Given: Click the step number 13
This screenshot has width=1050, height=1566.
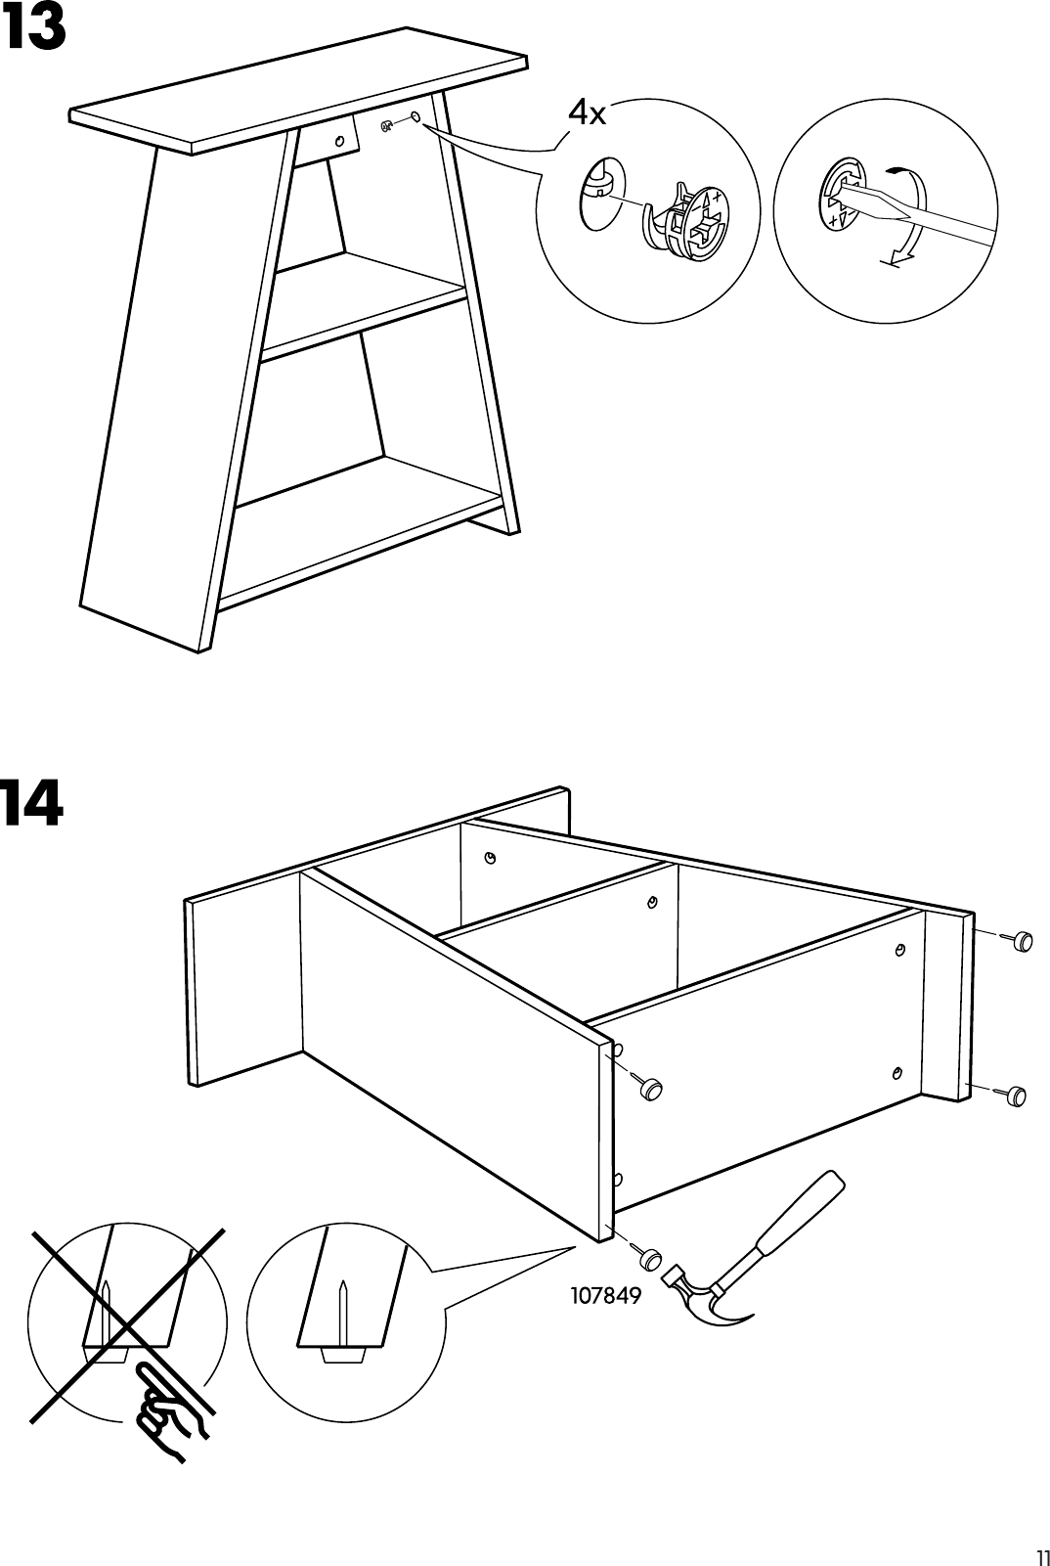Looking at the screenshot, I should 34,29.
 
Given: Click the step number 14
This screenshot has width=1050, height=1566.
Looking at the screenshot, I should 32,805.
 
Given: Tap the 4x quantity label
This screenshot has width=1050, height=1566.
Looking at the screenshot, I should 587,114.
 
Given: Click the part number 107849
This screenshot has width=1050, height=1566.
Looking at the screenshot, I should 605,1296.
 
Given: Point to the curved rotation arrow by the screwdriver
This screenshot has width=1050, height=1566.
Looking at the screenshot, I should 911,220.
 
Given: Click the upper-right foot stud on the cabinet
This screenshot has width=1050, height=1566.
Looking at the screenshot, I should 1021,941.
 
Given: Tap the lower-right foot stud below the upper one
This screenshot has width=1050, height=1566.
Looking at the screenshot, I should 1013,1096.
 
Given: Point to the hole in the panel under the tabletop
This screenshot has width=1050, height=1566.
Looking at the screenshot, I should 340,141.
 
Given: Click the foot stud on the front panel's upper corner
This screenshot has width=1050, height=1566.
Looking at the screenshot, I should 649,1087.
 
